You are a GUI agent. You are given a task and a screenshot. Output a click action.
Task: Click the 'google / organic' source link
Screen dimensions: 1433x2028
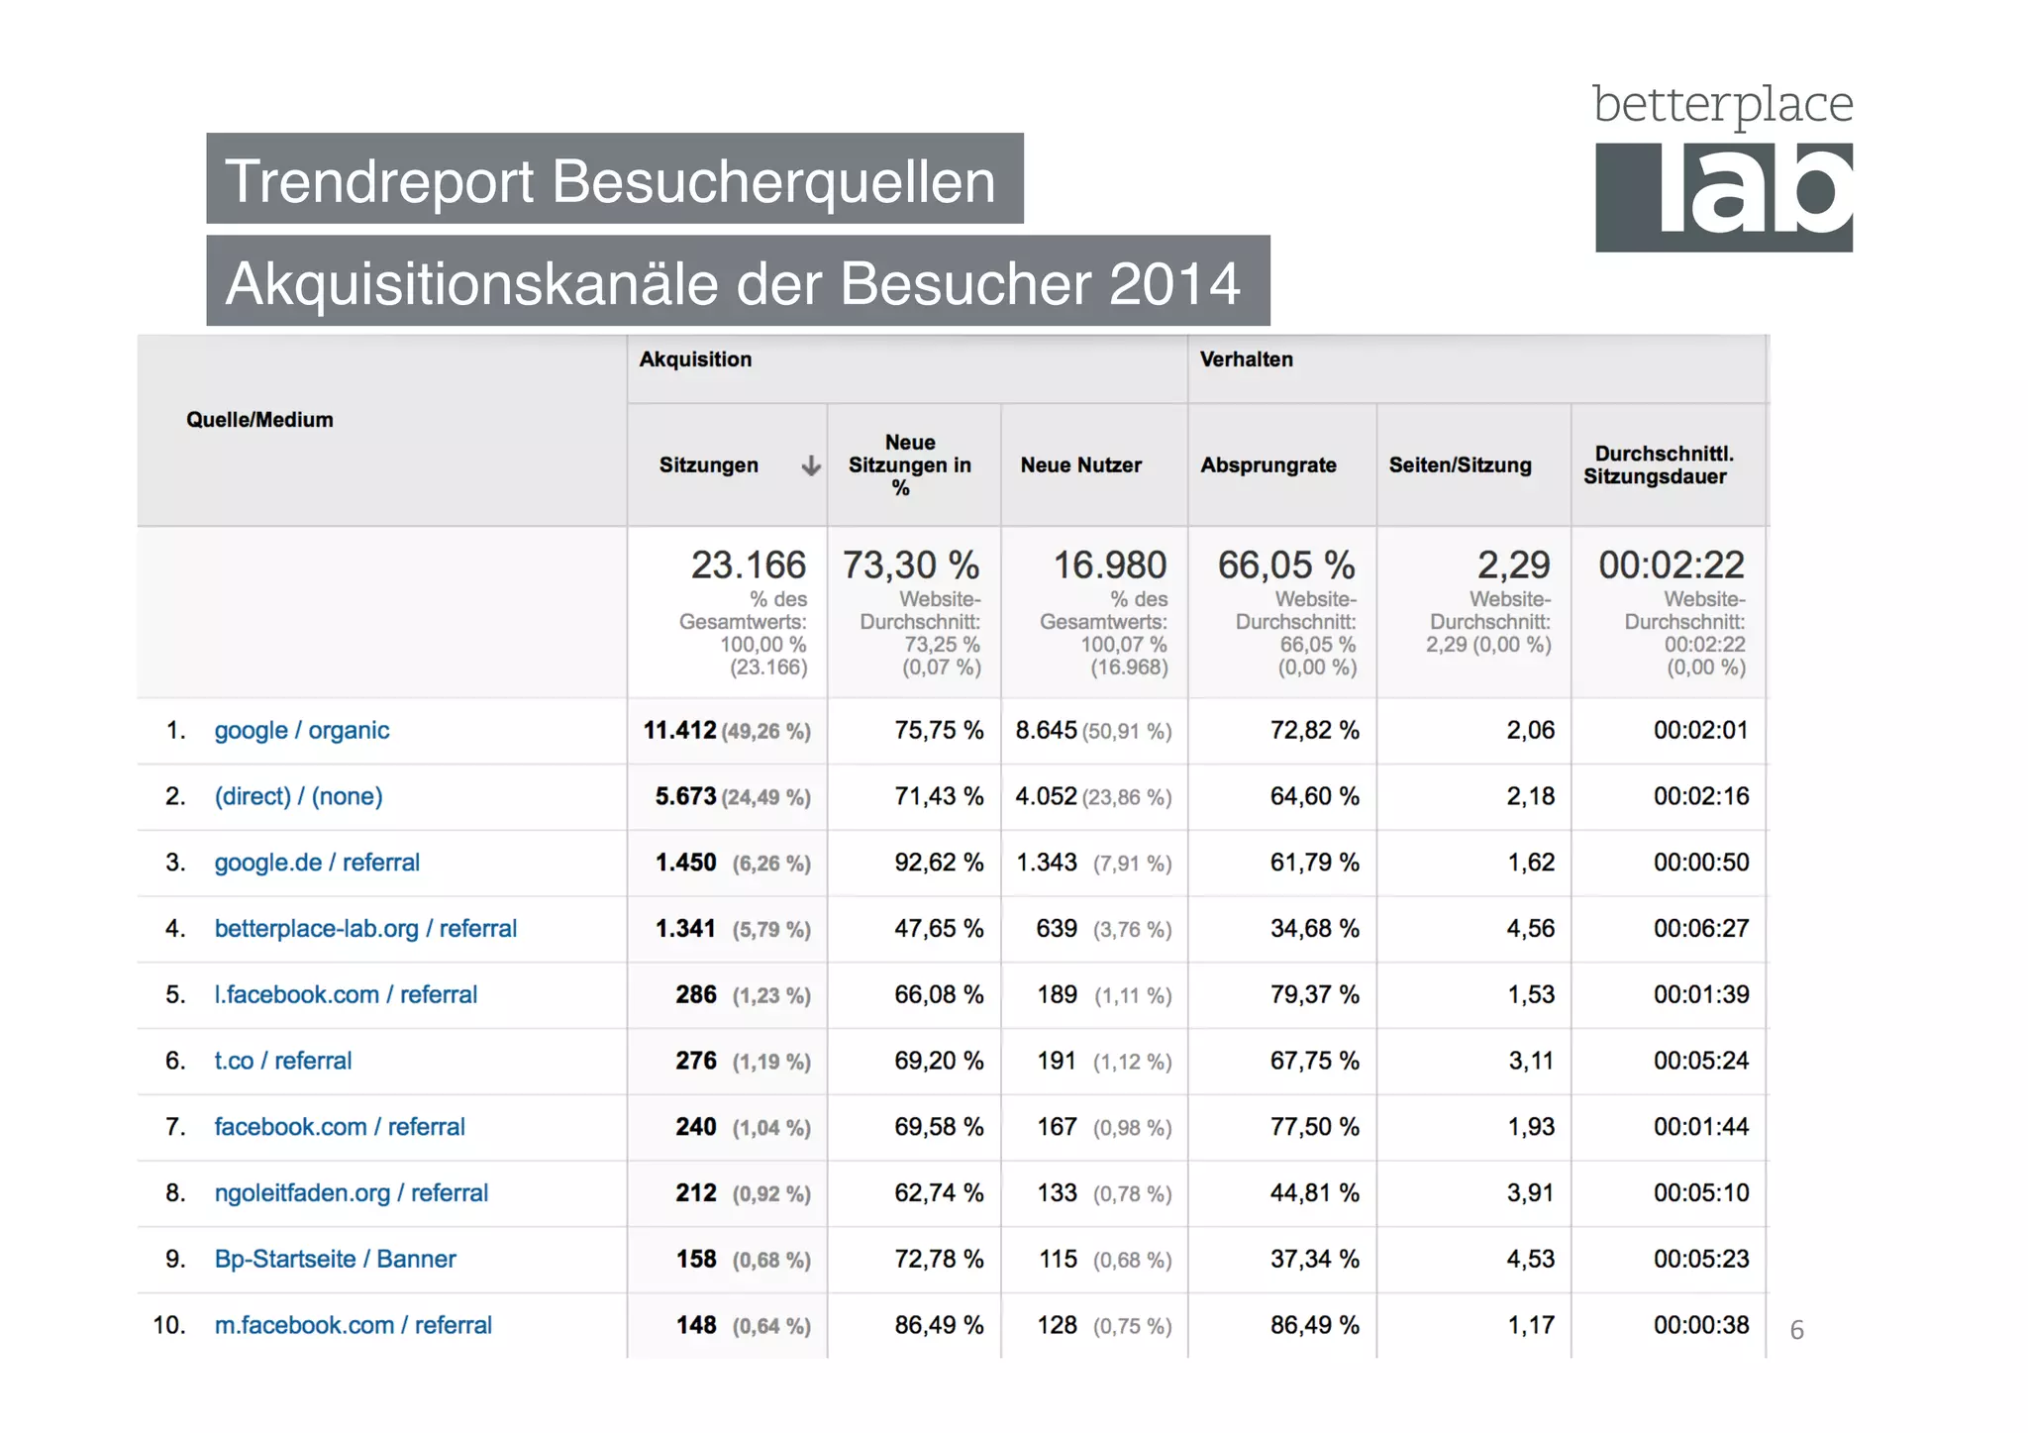coord(301,730)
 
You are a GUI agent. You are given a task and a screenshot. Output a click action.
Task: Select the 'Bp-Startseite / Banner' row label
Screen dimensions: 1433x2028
coord(335,1259)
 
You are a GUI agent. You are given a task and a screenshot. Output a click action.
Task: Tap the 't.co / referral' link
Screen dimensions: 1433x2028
coord(282,1061)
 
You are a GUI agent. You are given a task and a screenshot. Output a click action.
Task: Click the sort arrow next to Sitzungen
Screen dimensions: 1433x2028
coord(811,465)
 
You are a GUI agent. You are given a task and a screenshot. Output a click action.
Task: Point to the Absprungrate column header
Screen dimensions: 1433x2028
coord(1267,465)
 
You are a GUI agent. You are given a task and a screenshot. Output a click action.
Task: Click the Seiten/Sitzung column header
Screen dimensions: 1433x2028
coord(1460,465)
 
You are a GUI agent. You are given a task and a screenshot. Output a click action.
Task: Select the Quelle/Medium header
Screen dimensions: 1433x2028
coord(259,420)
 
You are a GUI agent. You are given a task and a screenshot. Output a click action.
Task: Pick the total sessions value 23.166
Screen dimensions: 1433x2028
coord(748,565)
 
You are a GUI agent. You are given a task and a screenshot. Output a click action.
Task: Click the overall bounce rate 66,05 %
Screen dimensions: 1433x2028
coord(1285,565)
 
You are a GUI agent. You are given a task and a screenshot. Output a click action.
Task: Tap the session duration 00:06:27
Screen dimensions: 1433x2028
coord(1700,929)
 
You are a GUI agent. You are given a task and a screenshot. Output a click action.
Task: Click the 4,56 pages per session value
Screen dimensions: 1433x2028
coord(1530,929)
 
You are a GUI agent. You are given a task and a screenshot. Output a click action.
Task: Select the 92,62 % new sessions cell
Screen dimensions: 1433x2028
coord(938,863)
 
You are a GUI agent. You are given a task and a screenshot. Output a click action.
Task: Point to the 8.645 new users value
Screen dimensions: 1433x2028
coord(1046,731)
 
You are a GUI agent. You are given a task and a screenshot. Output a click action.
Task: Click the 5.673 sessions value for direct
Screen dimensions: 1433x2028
coord(685,796)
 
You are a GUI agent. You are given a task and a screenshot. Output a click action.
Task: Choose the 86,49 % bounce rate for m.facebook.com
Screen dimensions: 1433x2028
coord(1314,1325)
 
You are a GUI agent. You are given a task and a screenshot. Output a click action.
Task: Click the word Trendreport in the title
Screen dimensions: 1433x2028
coord(378,181)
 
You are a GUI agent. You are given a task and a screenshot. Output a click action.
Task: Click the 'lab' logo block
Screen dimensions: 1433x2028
coord(1723,197)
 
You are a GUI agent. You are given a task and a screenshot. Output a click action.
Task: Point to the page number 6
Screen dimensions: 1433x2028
coord(1796,1330)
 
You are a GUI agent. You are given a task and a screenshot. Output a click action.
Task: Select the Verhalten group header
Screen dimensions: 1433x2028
coord(1246,359)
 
